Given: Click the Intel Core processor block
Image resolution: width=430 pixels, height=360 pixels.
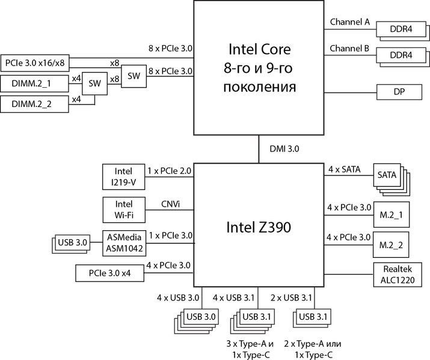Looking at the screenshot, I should [260, 67].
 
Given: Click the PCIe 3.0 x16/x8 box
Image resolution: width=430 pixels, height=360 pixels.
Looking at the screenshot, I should [34, 63].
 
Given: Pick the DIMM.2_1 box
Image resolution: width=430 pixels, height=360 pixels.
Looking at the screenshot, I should [34, 84].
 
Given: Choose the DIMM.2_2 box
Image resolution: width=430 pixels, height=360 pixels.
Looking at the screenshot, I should [34, 104].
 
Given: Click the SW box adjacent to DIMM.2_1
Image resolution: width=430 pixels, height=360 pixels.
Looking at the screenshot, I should [94, 84].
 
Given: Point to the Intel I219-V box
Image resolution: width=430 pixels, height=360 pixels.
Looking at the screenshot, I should [123, 177].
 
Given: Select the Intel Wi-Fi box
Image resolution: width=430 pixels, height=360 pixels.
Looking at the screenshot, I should [123, 210].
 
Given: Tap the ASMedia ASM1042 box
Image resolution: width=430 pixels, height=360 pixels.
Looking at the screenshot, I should [123, 242].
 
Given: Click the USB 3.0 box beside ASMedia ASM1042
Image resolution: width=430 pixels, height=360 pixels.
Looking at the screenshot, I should [72, 243].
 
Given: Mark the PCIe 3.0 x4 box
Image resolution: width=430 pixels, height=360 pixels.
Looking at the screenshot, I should [109, 273].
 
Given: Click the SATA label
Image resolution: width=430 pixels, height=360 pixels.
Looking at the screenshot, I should [387, 175].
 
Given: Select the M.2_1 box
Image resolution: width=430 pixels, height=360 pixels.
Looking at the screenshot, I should [390, 215].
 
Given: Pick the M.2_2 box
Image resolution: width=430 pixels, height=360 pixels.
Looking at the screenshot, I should [390, 245].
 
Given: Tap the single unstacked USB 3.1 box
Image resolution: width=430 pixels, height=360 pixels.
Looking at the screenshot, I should [315, 317].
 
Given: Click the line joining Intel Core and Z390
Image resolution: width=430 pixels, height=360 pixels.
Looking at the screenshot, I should [259, 148].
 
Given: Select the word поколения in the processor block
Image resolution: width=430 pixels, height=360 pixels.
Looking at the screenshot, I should [259, 87].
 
